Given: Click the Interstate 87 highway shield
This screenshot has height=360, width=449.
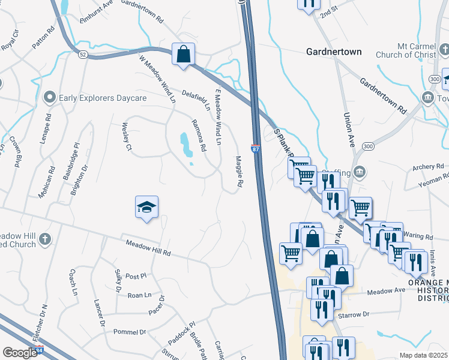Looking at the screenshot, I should coord(255,148).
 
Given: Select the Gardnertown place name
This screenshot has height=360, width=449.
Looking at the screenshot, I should coord(334,52).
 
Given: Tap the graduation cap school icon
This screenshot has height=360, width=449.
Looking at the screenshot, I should coord(147,208).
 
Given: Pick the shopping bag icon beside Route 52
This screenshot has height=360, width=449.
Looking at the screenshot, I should coord(183,54).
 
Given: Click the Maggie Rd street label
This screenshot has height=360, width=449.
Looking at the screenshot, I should coord(239,171).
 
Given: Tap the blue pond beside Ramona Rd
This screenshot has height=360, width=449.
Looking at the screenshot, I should coord(186,145).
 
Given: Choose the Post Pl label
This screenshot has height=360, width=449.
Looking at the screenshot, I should coord(136,277).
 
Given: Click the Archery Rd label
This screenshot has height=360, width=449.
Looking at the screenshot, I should coord(427,166).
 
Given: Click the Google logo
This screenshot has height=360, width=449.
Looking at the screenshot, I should coord(20,352).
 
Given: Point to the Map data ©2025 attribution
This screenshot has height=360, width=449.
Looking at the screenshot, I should coord(424,355).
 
